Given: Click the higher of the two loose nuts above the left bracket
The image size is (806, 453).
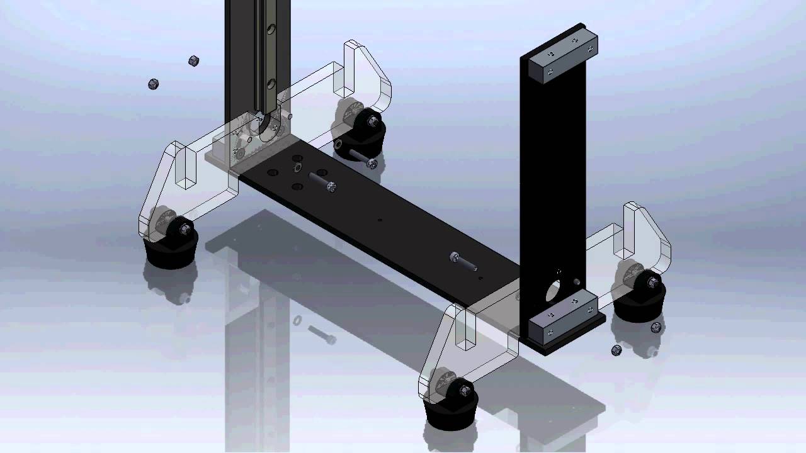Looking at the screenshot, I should [194, 61].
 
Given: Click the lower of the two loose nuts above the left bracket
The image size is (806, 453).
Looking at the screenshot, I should [153, 84].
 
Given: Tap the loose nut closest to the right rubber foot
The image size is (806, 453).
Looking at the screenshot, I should [656, 327].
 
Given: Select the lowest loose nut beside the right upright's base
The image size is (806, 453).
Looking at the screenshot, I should [616, 350].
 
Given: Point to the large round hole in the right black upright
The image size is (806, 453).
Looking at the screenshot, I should [552, 290].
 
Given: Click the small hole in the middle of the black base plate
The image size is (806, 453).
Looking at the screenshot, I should [380, 220].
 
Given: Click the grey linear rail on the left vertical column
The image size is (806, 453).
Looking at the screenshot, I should [270, 57].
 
